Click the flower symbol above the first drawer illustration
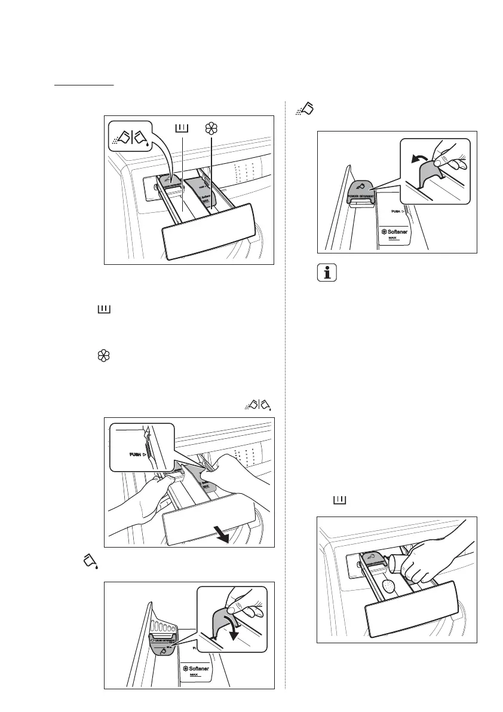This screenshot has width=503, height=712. tap(210, 128)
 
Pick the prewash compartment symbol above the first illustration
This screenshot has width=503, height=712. tap(182, 127)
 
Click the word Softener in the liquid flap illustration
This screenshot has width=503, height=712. tap(196, 668)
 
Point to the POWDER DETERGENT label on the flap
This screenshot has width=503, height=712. tap(362, 195)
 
